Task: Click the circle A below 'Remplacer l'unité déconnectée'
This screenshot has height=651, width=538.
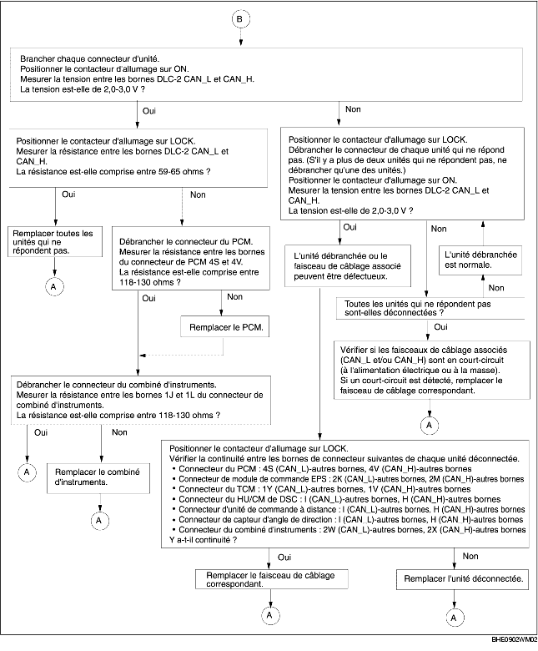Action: tap(454, 618)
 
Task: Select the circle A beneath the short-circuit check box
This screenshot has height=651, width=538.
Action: tap(430, 424)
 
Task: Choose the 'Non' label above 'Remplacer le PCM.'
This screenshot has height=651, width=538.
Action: tap(235, 296)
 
